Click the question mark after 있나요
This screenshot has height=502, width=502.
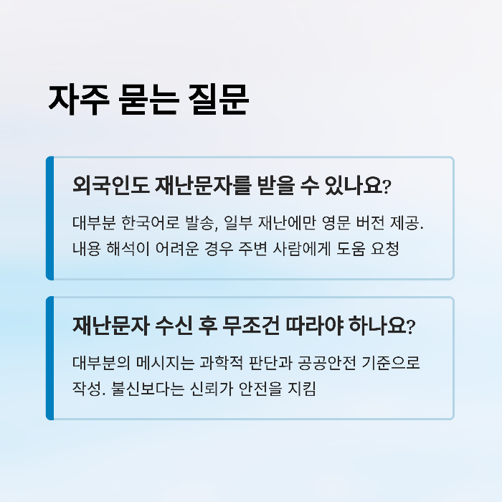(x=387, y=188)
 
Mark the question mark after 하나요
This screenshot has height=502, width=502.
(x=410, y=328)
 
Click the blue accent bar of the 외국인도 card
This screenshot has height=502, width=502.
(x=49, y=218)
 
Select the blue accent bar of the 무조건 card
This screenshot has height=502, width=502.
(x=49, y=358)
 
